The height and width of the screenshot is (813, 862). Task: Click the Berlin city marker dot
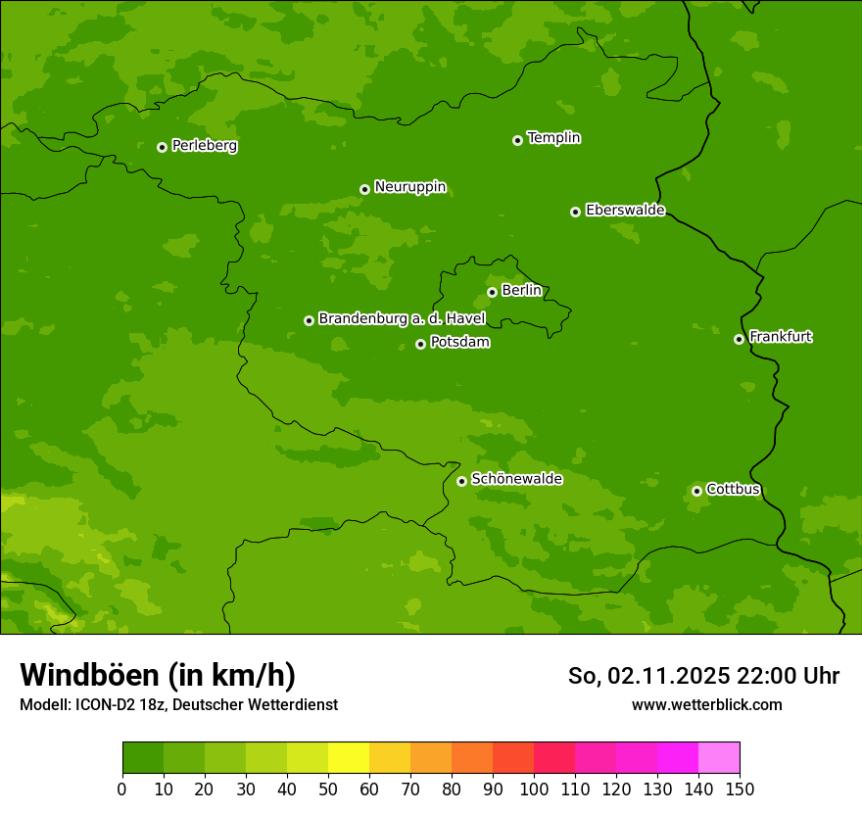click(492, 292)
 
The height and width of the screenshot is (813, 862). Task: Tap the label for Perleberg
click(205, 146)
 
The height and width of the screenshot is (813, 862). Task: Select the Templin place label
click(553, 138)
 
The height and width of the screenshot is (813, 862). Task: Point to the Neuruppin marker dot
click(364, 189)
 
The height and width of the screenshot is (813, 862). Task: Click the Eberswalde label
click(625, 211)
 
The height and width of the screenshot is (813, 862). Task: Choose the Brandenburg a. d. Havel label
click(402, 319)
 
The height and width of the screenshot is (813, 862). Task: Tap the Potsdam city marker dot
click(420, 344)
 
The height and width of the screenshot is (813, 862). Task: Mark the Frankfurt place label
click(781, 337)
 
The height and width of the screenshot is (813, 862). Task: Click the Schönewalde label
click(516, 479)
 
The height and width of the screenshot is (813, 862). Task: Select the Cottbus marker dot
click(696, 491)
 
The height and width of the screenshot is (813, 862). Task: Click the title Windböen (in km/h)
click(157, 675)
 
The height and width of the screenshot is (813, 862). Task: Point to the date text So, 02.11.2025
click(648, 676)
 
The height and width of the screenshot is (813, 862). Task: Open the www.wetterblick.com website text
click(706, 704)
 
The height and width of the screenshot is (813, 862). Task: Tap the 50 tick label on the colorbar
click(328, 789)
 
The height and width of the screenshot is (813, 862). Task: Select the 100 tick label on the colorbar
click(534, 789)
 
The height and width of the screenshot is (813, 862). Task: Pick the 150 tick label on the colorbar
click(740, 789)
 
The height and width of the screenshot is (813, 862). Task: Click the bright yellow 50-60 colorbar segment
click(349, 758)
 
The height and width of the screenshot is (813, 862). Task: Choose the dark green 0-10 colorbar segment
click(143, 758)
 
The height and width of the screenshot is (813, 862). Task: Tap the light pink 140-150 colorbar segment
click(719, 758)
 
